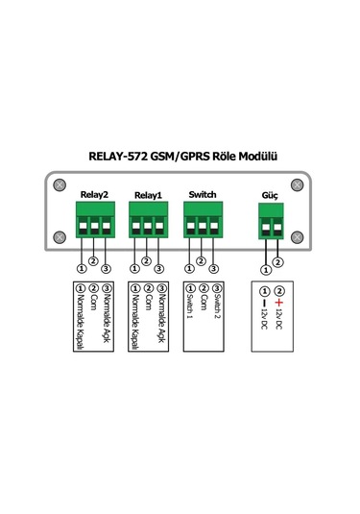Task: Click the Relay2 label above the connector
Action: coord(93,194)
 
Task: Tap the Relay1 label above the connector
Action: coord(147,195)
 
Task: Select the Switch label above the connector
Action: coord(203,194)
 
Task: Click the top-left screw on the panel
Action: coord(59,184)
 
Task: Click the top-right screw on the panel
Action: coord(297,184)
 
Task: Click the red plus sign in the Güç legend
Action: coord(279,304)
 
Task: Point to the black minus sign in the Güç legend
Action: coord(265,304)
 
